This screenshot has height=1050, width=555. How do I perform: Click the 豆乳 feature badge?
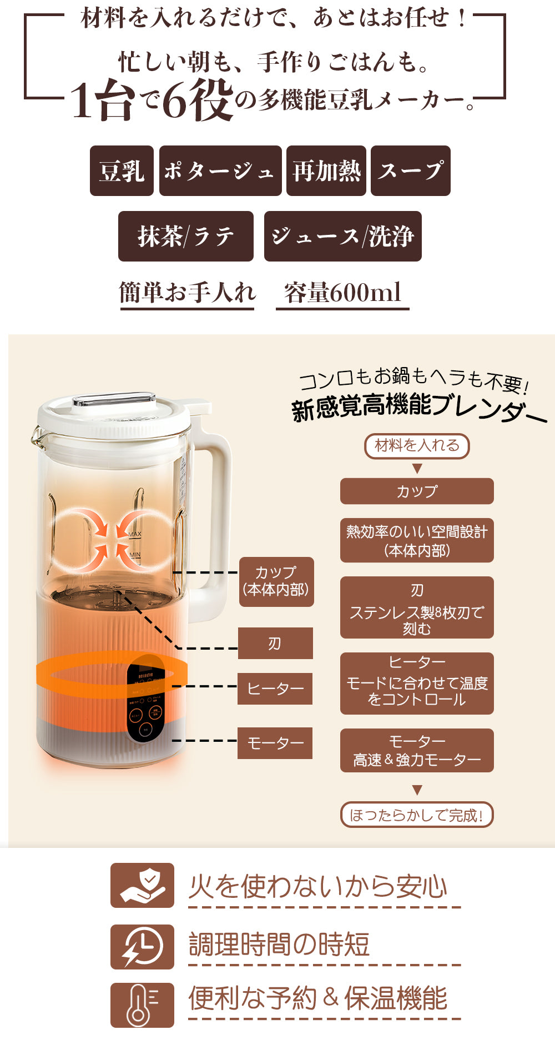point(122,171)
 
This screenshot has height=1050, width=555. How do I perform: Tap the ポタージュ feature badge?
point(220,171)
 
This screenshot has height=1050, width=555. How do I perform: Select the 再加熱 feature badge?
point(326,171)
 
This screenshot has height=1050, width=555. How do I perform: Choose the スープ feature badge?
point(411,171)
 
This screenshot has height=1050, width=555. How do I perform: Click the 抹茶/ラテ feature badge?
point(186,237)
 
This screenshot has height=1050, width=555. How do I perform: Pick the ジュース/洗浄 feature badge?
point(343,237)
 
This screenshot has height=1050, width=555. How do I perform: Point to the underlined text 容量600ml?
point(342,293)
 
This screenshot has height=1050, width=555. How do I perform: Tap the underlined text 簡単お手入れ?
point(188,293)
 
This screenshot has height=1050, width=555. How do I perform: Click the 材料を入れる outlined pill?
point(417,446)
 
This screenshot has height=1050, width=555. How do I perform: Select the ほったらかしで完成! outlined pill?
point(417,815)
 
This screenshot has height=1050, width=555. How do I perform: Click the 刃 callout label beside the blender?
point(275,644)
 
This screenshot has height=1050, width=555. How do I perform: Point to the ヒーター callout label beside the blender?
point(275,689)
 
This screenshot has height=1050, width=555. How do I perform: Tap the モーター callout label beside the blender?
point(275,743)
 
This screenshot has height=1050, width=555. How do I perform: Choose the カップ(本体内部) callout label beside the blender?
point(276,581)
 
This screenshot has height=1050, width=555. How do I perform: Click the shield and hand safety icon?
point(142,886)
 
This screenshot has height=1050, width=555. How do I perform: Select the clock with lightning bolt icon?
point(142,947)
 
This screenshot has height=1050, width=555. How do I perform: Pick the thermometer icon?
point(142,1005)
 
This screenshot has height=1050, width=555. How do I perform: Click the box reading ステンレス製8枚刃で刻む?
point(417,607)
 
